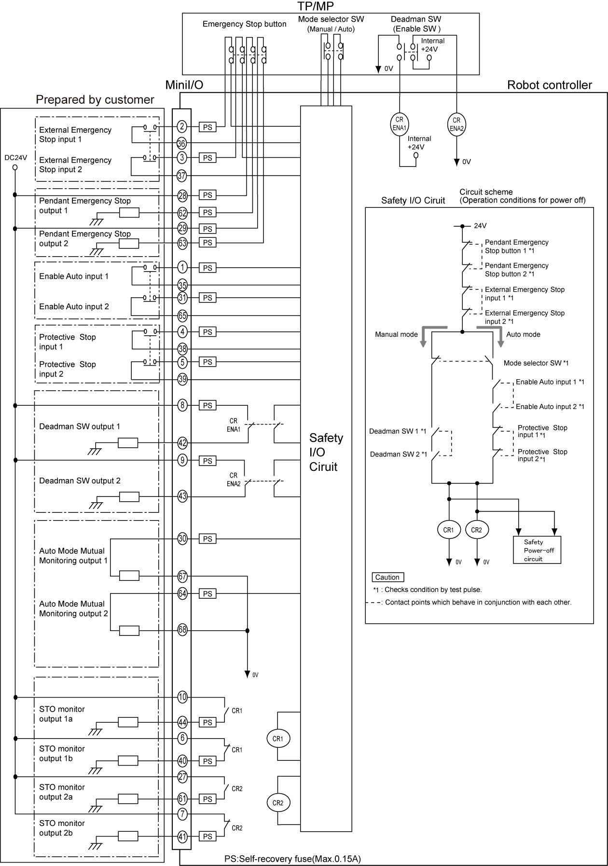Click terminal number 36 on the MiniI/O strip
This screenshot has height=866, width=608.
click(181, 143)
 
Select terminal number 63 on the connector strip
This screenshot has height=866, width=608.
click(182, 243)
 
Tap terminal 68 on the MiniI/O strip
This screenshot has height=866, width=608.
click(182, 630)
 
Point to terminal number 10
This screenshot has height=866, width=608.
click(182, 697)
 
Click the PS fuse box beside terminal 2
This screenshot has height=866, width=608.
click(207, 127)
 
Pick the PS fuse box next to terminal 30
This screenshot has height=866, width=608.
click(207, 539)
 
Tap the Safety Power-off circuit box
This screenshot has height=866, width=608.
click(537, 550)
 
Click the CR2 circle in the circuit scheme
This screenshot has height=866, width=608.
click(477, 530)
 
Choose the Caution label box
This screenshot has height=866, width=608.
click(387, 577)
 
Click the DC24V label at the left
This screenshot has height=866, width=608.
click(15, 157)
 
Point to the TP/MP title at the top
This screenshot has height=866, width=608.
click(316, 6)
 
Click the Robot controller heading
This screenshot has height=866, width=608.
click(549, 85)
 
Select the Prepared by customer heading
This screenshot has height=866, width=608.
click(95, 100)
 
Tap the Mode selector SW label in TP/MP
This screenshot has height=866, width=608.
click(331, 19)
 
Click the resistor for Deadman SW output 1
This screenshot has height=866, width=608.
click(128, 443)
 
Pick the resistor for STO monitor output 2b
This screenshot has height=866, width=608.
click(128, 837)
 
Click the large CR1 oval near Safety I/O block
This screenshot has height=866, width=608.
click(278, 739)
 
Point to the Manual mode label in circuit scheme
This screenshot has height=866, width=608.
click(396, 334)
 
